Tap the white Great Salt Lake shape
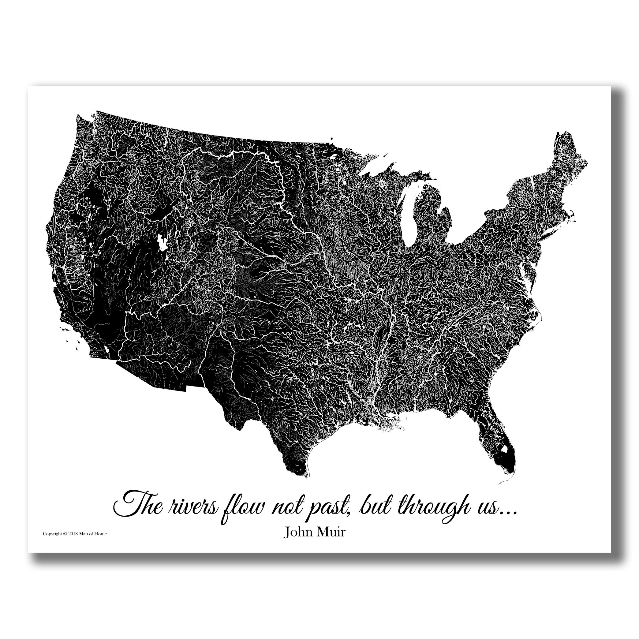tap(163, 242)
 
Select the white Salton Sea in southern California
tap(107, 349)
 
